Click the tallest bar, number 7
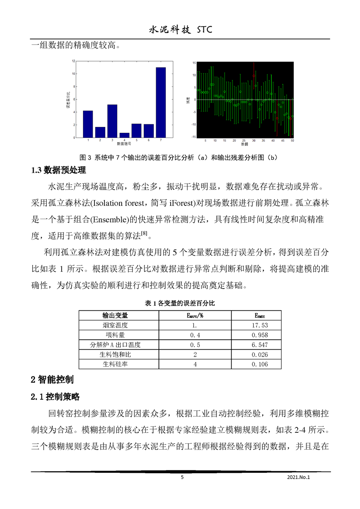(161, 102)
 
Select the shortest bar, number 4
(124, 135)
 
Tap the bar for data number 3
(112, 121)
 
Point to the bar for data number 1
(88, 123)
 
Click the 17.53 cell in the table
(260, 325)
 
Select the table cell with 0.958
(260, 335)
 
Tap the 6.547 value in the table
(260, 345)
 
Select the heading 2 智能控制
(52, 379)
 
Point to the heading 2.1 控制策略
(55, 396)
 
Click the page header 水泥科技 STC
(181, 30)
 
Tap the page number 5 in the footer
(182, 477)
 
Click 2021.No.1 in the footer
(298, 477)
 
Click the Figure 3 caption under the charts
(178, 157)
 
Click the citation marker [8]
(144, 233)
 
